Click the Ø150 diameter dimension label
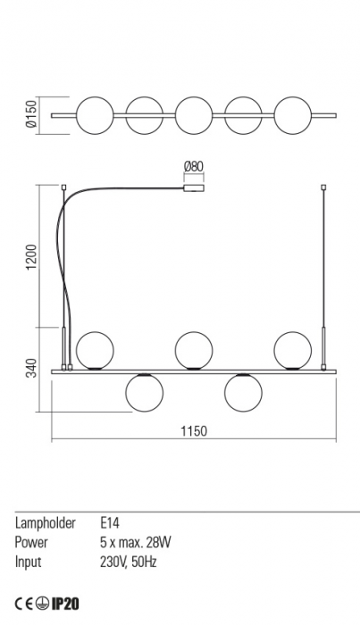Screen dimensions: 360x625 click(x=31, y=113)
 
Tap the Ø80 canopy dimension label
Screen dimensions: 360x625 click(x=194, y=167)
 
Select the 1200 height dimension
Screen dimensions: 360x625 click(x=31, y=256)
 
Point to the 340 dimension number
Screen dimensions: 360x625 click(x=31, y=368)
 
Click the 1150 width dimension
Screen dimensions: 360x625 click(x=194, y=431)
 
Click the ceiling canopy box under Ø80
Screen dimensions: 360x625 click(x=194, y=189)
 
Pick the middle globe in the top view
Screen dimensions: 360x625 click(x=194, y=115)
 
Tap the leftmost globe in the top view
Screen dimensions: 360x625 click(x=95, y=115)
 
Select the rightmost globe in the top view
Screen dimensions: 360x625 click(x=293, y=115)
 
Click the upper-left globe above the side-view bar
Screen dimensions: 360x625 click(x=95, y=350)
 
